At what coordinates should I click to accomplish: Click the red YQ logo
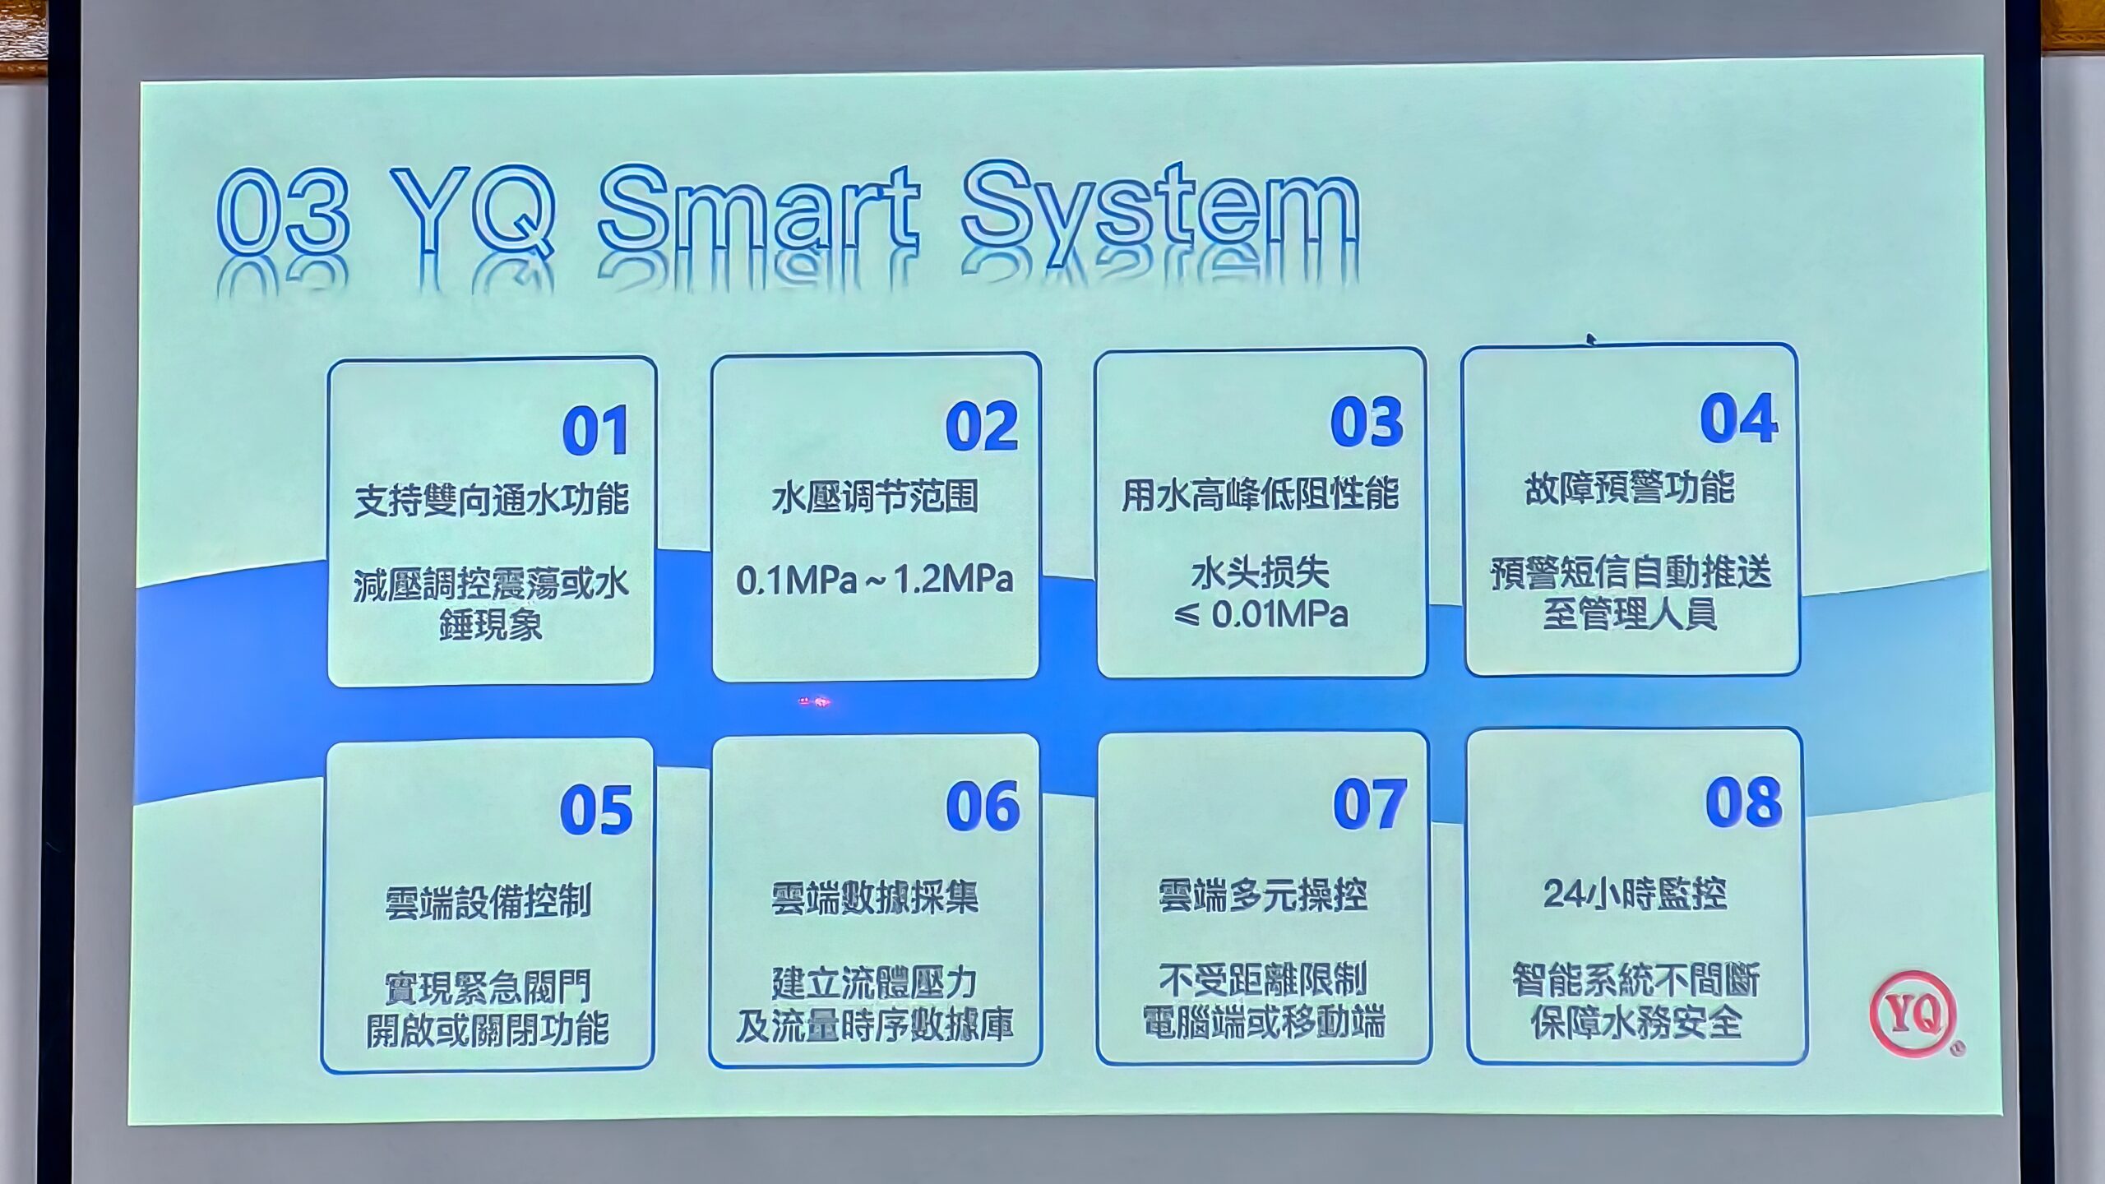coord(1913,1013)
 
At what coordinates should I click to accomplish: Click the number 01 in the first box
coord(595,430)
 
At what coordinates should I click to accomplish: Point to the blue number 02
coord(982,426)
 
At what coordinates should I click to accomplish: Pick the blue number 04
coord(1738,418)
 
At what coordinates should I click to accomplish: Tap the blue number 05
coord(596,809)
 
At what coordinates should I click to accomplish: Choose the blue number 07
coord(1370,803)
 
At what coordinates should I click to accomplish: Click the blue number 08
coord(1743,801)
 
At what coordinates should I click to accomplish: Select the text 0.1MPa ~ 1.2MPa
coord(874,580)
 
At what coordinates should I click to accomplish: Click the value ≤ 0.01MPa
coord(1261,614)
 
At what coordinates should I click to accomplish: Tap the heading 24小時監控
coord(1635,894)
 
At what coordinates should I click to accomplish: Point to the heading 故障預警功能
coord(1630,488)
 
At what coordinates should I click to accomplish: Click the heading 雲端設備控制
coord(488,901)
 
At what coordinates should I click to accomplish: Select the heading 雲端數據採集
coord(875,897)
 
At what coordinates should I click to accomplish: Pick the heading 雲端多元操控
coord(1262,895)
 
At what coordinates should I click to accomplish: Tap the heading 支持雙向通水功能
coord(491,500)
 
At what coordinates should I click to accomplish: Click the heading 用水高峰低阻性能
coord(1260,494)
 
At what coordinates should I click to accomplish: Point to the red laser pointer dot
coord(815,701)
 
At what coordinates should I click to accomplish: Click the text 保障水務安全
coord(1635,1022)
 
